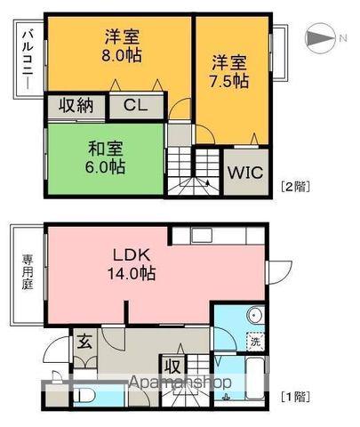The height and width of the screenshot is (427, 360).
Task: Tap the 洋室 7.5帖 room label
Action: coord(229,71)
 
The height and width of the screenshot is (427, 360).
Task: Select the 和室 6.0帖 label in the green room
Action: coord(105,157)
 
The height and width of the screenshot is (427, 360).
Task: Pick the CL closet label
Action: coord(135,106)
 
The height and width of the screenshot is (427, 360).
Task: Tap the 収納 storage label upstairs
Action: coord(76,106)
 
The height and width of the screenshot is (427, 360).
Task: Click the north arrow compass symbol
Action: coord(320,36)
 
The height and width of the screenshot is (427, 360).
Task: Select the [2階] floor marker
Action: coord(294,187)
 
